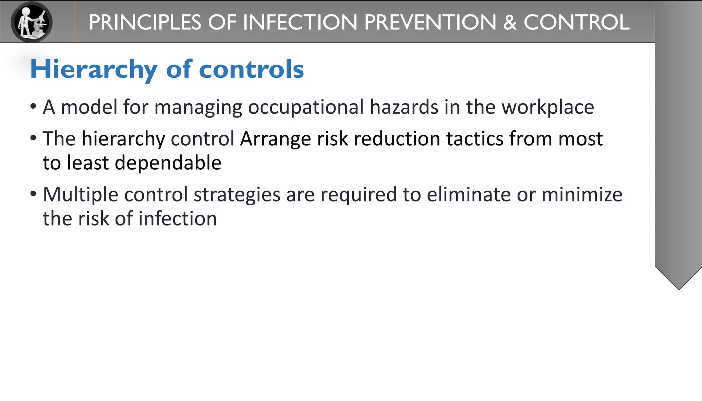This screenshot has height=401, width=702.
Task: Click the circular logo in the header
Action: click(x=32, y=22)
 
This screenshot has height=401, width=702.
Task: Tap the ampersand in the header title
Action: click(x=510, y=23)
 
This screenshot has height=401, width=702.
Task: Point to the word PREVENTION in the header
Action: click(x=430, y=23)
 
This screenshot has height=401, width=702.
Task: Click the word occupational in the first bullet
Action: click(x=306, y=107)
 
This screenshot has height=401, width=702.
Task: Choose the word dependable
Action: click(x=168, y=163)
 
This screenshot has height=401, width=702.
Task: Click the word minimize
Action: click(x=582, y=195)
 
